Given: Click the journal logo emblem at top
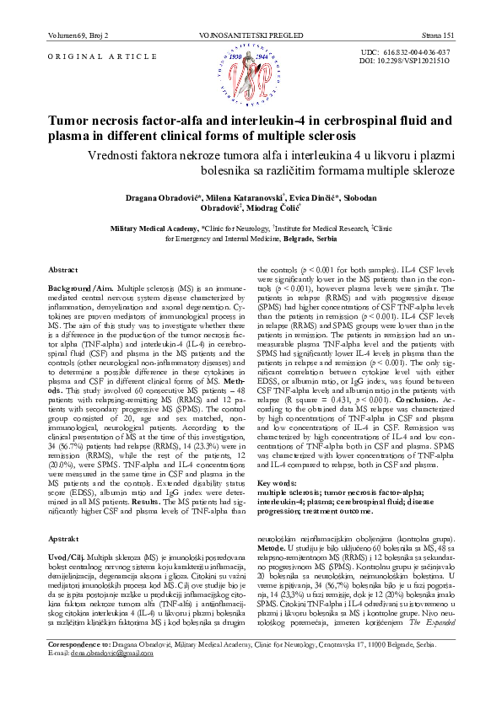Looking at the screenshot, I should point(251,74).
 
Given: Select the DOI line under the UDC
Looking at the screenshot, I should point(404,62).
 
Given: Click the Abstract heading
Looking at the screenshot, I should point(63,269).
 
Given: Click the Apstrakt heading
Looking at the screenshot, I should point(64,514).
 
